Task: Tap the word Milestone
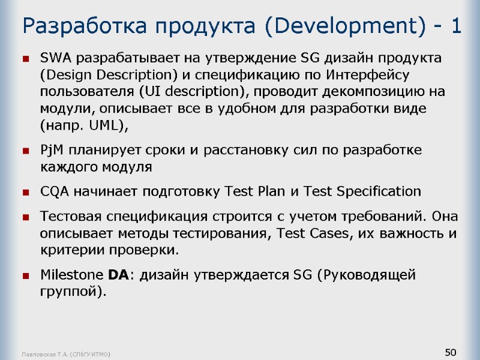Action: point(71,275)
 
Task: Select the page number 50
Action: point(451,351)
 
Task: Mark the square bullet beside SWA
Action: point(26,59)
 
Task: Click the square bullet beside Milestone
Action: point(26,277)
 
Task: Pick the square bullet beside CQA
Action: point(26,193)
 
